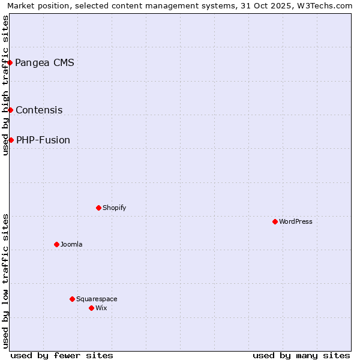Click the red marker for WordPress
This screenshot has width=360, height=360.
point(275,221)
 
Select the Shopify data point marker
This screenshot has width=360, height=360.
point(98,208)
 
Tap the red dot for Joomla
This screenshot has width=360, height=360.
point(57,244)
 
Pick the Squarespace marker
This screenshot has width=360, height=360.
point(73,299)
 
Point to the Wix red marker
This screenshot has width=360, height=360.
point(92,308)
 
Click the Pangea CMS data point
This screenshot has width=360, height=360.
point(10,62)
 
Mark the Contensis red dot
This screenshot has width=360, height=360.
point(11,110)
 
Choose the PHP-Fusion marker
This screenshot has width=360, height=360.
point(11,140)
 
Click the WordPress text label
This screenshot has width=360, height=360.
point(296,222)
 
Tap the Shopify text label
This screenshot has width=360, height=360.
point(115,208)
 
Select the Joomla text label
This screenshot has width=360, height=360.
point(71,245)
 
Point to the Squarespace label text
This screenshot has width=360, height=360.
point(97,299)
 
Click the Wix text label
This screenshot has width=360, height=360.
point(101,308)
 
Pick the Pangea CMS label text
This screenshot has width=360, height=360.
point(45,62)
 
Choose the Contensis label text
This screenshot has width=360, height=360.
point(39,110)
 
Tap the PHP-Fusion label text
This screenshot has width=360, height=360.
point(43,140)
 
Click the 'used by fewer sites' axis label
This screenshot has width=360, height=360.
point(62,355)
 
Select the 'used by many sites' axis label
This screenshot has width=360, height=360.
point(301,355)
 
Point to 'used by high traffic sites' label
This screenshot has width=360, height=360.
point(6,85)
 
